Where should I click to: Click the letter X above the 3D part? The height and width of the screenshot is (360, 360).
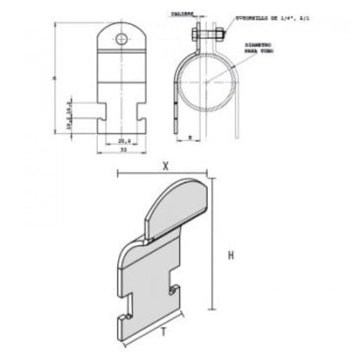tap(165, 165)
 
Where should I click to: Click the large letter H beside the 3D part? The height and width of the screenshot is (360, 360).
tap(231, 255)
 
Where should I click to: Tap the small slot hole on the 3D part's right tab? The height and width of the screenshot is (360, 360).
tap(174, 289)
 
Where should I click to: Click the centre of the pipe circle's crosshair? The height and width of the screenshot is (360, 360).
tap(206, 83)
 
